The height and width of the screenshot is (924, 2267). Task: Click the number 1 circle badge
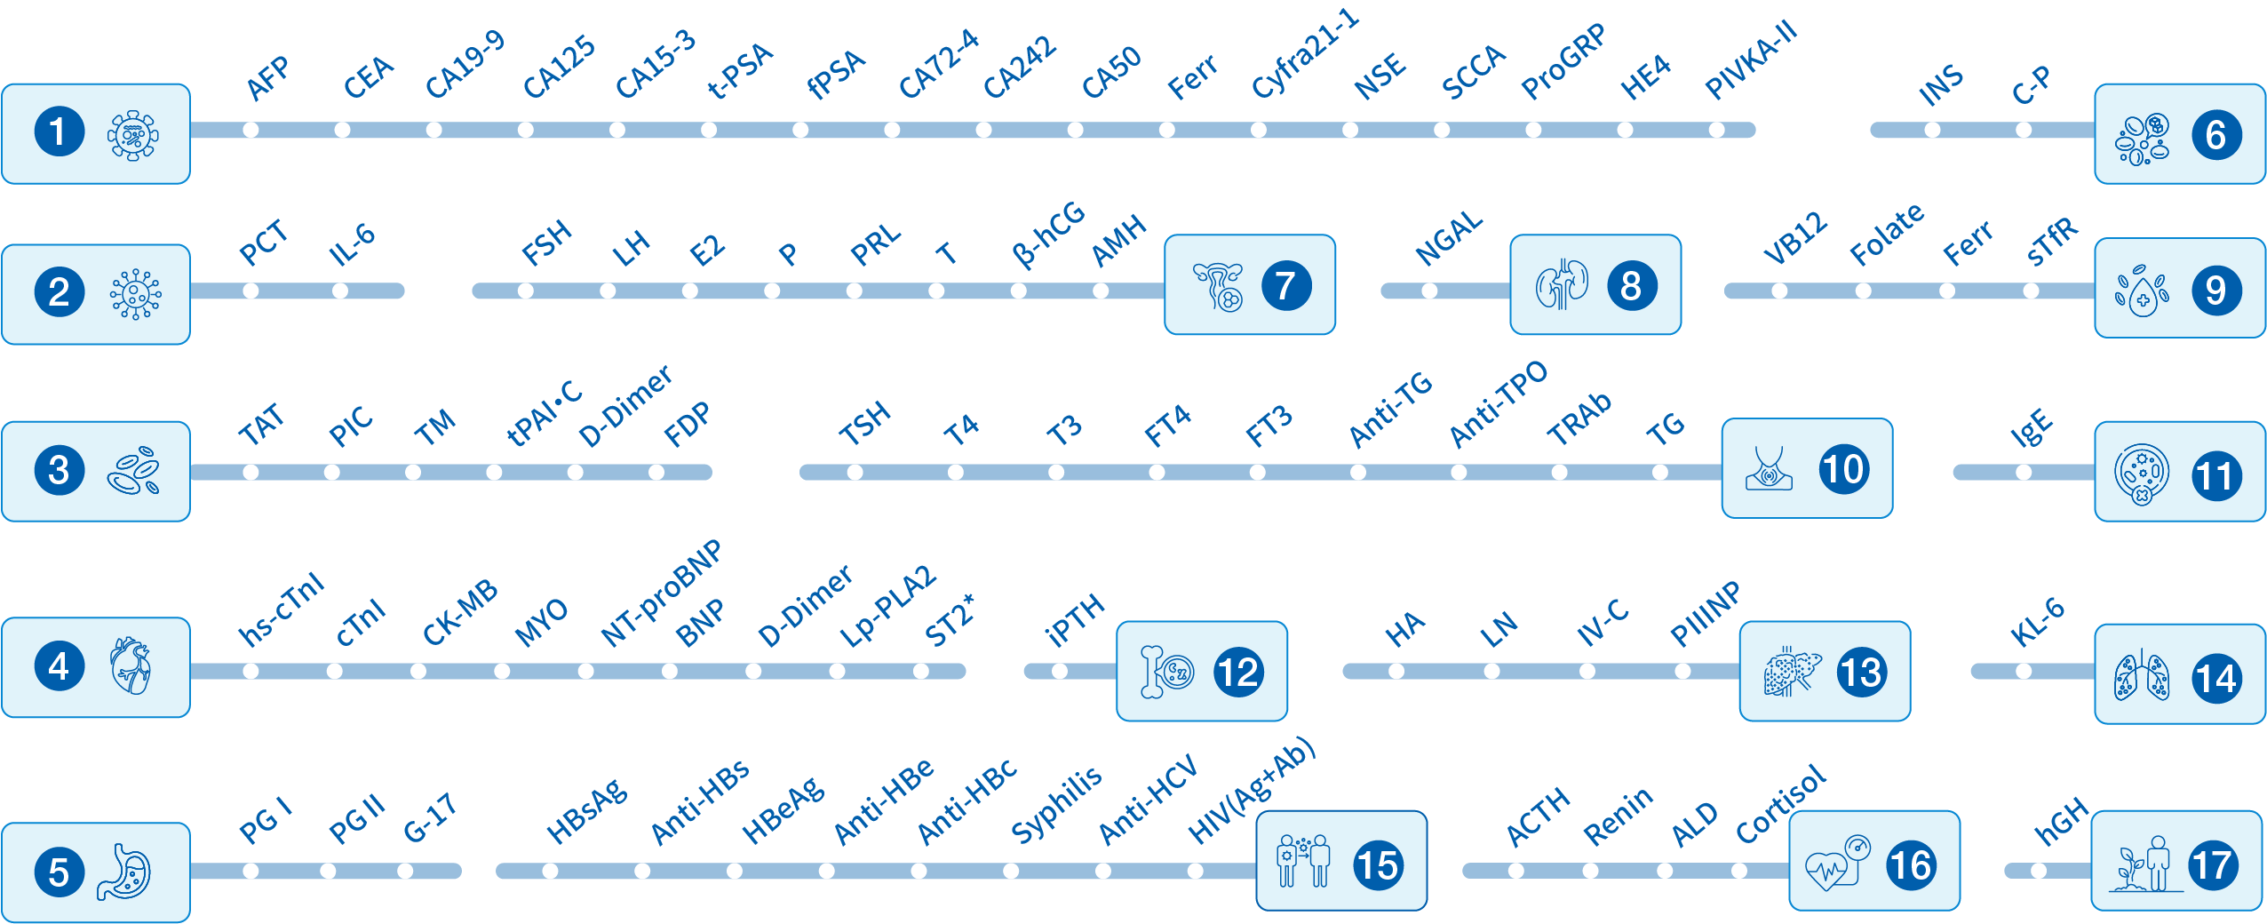(59, 132)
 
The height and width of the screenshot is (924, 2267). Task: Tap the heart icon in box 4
(131, 665)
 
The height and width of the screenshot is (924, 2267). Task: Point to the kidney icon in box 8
(1562, 285)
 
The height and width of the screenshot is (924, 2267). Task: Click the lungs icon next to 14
(2142, 679)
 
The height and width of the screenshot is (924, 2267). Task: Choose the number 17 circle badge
(2213, 864)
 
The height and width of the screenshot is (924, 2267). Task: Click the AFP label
(268, 78)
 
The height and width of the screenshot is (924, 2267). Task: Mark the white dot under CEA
(342, 130)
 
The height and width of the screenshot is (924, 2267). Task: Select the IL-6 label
(352, 244)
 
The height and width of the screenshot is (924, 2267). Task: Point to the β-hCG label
(1048, 234)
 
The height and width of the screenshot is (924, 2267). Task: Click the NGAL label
(1449, 238)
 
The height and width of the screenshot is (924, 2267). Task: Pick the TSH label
(864, 422)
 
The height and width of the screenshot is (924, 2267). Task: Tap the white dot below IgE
(2024, 473)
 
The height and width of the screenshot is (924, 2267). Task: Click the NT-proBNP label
(662, 593)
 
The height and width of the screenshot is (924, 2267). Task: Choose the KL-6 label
(2038, 621)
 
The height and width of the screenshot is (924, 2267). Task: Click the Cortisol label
(1781, 804)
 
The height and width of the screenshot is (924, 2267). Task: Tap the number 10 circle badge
(1843, 469)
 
